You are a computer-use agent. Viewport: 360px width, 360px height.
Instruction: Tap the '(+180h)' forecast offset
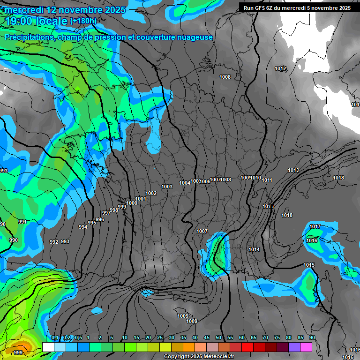tap(83, 21)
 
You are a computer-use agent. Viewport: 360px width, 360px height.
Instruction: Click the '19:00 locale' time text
tap(37, 21)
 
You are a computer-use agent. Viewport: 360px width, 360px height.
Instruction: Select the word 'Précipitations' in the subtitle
tap(28, 37)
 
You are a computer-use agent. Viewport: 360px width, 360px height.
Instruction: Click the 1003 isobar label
tap(167, 187)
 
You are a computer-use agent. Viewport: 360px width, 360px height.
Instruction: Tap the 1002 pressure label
tap(151, 193)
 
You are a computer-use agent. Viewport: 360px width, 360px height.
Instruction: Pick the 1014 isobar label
tap(254, 249)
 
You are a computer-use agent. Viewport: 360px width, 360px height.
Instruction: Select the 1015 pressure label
tap(309, 265)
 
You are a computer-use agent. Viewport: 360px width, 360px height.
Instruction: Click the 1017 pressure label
tap(315, 227)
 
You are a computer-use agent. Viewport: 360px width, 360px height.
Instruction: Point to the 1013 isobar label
tap(268, 207)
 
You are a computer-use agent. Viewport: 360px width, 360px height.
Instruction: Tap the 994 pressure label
tap(83, 227)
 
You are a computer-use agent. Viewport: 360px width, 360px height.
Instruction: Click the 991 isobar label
tap(22, 222)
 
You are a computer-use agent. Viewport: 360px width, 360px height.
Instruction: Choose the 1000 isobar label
tap(132, 203)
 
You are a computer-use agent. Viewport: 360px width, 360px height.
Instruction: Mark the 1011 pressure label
tap(267, 180)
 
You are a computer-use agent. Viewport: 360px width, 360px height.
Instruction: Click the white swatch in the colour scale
tap(48, 347)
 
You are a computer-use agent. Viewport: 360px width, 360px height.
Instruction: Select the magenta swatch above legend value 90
tap(306, 347)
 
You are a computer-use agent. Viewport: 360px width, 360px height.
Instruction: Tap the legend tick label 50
tap(218, 338)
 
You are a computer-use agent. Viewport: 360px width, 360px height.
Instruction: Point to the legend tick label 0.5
tap(78, 338)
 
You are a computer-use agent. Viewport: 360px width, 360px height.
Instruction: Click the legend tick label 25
tap(160, 338)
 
